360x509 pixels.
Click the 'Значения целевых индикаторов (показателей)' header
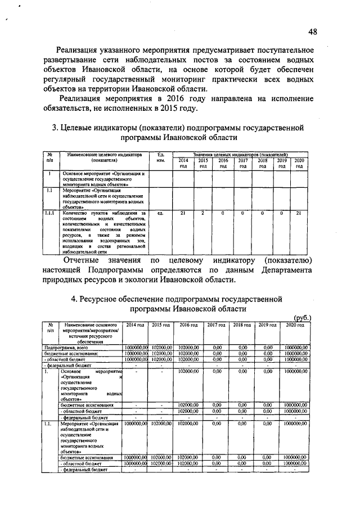pos(240,154)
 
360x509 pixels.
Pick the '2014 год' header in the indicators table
pos(183,163)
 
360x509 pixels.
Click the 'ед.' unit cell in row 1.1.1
pos(161,213)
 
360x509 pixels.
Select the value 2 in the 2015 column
pos(202,213)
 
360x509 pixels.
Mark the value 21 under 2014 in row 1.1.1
pos(183,213)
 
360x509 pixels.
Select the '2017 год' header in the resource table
pos(217,326)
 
